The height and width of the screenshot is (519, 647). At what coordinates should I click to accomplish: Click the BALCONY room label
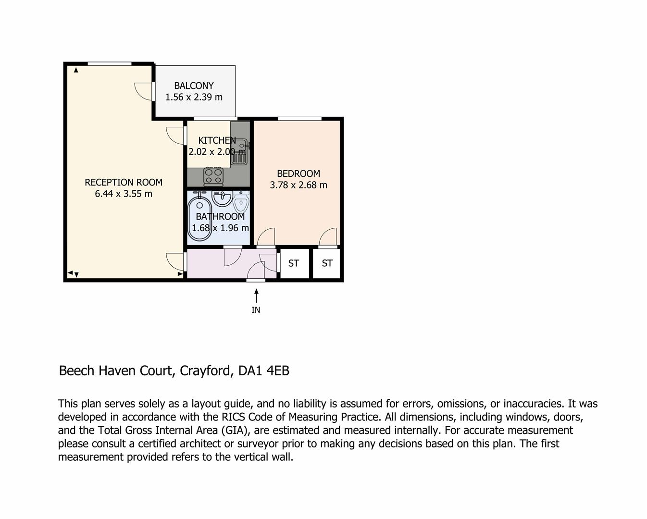click(194, 86)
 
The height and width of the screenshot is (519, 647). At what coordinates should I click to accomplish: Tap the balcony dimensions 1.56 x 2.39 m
click(194, 97)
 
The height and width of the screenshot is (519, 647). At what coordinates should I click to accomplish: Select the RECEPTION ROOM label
click(124, 182)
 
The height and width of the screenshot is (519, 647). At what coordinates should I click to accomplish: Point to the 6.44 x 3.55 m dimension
click(124, 194)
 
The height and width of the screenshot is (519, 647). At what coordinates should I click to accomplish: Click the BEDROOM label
click(298, 173)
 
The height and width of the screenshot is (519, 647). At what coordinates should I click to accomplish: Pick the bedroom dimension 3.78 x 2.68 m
click(298, 185)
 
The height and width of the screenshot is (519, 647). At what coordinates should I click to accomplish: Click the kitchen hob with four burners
click(213, 176)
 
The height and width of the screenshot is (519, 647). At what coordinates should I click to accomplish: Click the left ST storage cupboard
click(294, 263)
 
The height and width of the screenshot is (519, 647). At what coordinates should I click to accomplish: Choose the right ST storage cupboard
click(327, 263)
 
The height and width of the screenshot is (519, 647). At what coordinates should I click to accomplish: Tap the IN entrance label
click(256, 310)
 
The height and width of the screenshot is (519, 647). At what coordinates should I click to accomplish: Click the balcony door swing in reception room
click(144, 91)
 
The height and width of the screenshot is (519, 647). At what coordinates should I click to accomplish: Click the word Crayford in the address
click(207, 371)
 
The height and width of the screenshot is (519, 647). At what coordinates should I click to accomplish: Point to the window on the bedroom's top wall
click(299, 118)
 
